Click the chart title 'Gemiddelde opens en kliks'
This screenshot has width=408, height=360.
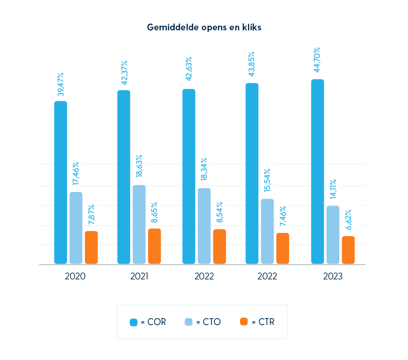pyautogui.click(x=204, y=27)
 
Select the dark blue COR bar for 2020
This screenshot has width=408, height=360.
pyautogui.click(x=61, y=183)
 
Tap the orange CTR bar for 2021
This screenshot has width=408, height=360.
pyautogui.click(x=154, y=246)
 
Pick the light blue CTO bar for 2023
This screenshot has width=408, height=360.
pyautogui.click(x=333, y=235)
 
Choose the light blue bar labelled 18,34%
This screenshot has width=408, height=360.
pyautogui.click(x=204, y=226)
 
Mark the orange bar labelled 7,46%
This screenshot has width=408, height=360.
pyautogui.click(x=282, y=249)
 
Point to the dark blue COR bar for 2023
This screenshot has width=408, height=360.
pyautogui.click(x=318, y=172)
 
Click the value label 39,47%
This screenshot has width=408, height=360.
pyautogui.click(x=61, y=84)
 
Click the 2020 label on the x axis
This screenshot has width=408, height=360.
pyautogui.click(x=75, y=276)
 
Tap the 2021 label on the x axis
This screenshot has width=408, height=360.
pyautogui.click(x=139, y=276)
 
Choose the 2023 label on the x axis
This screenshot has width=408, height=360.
pyautogui.click(x=333, y=276)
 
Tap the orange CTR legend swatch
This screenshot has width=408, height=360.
pyautogui.click(x=243, y=322)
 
